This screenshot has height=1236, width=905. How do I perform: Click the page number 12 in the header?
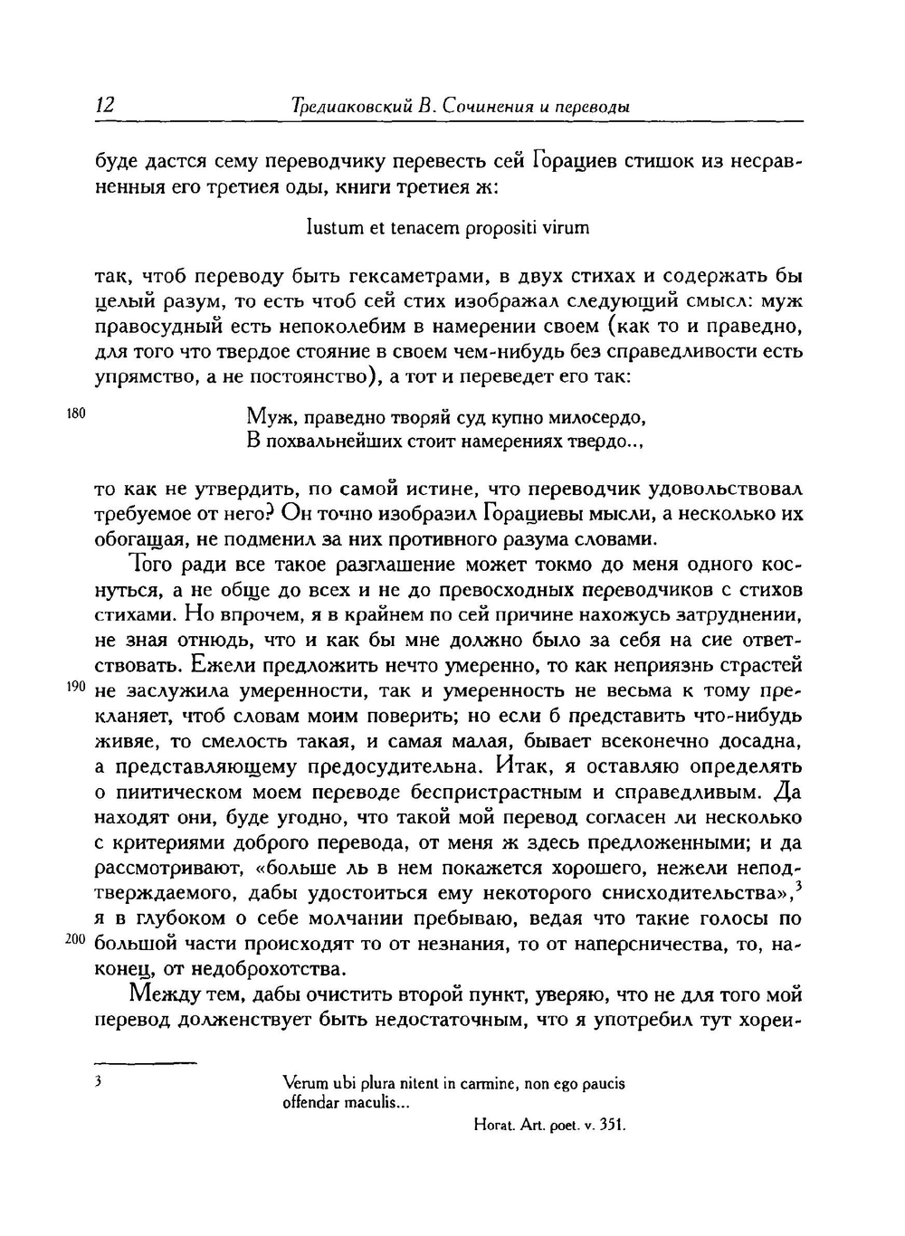click(x=105, y=106)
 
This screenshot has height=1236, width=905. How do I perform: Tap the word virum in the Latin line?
click(x=567, y=228)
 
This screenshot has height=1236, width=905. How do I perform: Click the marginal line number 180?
click(x=75, y=414)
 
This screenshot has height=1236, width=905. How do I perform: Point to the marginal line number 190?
click(x=75, y=688)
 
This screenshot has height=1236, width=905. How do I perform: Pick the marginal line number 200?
click(x=75, y=940)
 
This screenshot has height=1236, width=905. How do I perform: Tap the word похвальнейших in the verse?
click(x=335, y=443)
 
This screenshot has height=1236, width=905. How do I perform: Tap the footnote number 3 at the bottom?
click(x=98, y=1082)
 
